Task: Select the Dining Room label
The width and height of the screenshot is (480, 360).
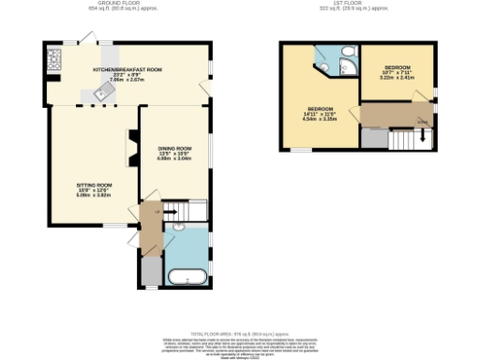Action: tap(174, 154)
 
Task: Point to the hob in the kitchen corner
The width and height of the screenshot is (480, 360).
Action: tap(51, 62)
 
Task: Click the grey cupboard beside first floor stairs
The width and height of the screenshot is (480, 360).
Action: tap(373, 138)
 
